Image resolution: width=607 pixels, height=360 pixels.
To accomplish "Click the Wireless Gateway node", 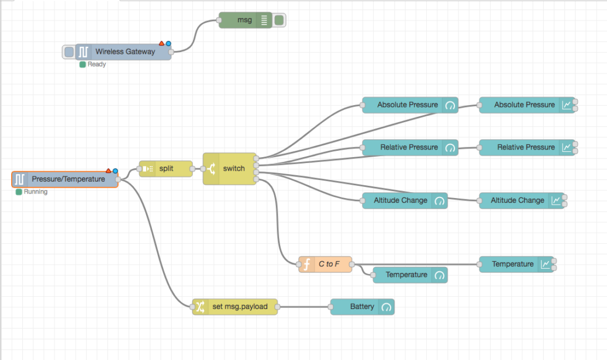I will click(124, 51).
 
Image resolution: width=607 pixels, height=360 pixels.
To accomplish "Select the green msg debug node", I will click(245, 20).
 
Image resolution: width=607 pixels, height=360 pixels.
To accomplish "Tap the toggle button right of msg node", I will click(280, 20).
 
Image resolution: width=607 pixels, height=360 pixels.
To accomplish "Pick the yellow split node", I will click(165, 169).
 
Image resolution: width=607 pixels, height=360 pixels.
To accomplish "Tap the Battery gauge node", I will click(362, 307).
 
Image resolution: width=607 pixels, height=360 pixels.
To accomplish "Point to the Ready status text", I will click(96, 64).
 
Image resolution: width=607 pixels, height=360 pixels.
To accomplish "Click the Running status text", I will click(35, 192).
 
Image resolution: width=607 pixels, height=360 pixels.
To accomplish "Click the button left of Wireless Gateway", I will click(69, 51).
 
